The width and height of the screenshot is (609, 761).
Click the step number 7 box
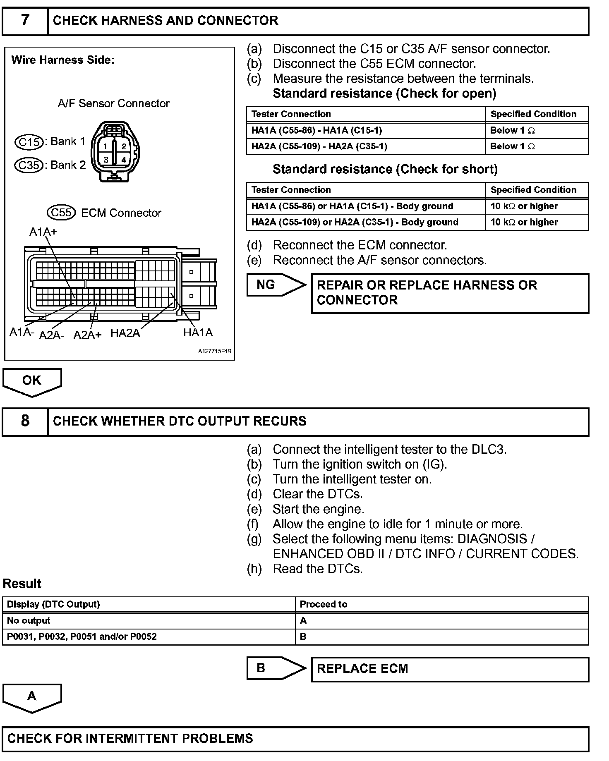25,20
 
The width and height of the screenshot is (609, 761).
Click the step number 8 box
25,421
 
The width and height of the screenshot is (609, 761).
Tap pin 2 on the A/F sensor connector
123,146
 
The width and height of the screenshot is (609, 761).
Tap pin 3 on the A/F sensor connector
106,159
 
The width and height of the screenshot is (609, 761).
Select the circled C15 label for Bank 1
29,142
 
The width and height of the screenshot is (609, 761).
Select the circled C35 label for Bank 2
29,165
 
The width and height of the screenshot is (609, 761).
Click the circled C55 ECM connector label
61,213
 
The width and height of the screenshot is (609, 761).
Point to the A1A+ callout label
43,232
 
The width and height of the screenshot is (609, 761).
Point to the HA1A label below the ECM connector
198,333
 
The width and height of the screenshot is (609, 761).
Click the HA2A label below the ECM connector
125,333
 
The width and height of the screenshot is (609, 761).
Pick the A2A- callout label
52,335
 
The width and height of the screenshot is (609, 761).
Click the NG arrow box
275,285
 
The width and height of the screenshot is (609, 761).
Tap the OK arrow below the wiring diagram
32,381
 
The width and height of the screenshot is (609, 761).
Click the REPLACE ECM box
450,669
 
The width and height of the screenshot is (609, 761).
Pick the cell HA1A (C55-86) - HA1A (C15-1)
366,131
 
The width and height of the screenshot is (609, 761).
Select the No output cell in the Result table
149,620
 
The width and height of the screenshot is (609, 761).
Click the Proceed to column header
441,604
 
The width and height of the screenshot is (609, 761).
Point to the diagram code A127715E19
214,352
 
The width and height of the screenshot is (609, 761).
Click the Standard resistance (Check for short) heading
385,169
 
